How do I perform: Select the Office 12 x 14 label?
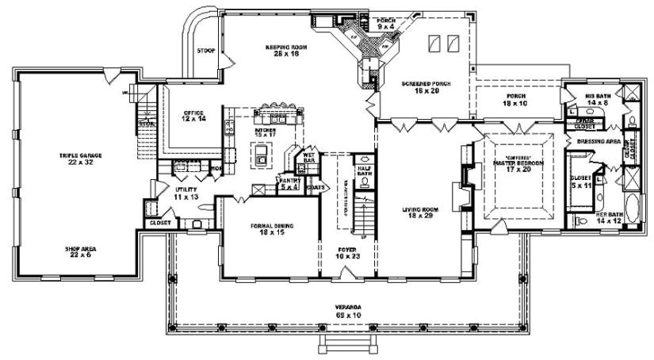click(x=195, y=116)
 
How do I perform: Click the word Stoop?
click(x=205, y=52)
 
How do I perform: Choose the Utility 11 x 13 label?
click(x=185, y=193)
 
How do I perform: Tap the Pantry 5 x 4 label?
click(x=288, y=184)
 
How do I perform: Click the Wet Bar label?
click(x=309, y=159)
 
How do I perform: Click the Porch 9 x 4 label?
click(x=386, y=24)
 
